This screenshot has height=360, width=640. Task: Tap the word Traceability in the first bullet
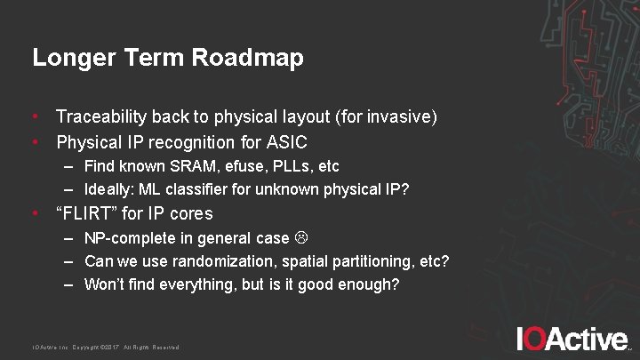click(x=101, y=116)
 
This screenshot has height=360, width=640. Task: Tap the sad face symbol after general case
click(x=300, y=238)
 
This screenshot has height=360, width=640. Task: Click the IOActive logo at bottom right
click(x=572, y=339)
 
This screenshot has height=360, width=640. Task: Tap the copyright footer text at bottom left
click(x=106, y=347)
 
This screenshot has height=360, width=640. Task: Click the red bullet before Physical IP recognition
click(x=36, y=142)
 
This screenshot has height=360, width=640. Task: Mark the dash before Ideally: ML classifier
click(x=68, y=189)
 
